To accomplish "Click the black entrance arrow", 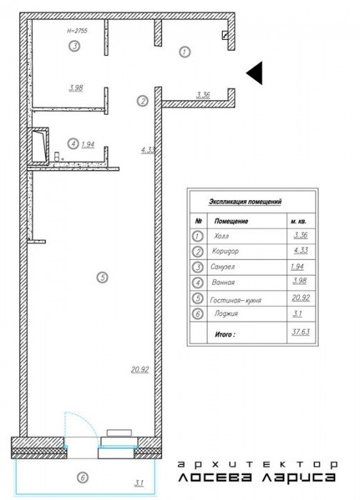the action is pyautogui.click(x=256, y=73).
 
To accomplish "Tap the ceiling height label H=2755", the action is pyautogui.click(x=77, y=31).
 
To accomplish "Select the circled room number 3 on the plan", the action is pyautogui.click(x=74, y=46).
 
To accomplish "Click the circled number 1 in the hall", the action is pyautogui.click(x=184, y=51).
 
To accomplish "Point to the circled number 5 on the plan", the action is pyautogui.click(x=102, y=277).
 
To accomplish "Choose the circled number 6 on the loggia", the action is pyautogui.click(x=83, y=477).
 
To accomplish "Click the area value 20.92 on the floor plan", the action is pyautogui.click(x=140, y=369).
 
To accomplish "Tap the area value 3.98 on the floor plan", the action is pyautogui.click(x=76, y=88).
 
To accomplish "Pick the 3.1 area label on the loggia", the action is pyautogui.click(x=139, y=483).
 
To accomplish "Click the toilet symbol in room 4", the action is pyautogui.click(x=57, y=156).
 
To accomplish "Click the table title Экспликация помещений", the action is pyautogui.click(x=245, y=201).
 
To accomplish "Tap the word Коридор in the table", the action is pyautogui.click(x=225, y=251).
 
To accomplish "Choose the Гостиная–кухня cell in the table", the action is pyautogui.click(x=236, y=300).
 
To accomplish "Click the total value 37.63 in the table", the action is pyautogui.click(x=301, y=331).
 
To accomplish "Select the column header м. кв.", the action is pyautogui.click(x=299, y=221).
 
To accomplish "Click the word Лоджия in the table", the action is pyautogui.click(x=226, y=314).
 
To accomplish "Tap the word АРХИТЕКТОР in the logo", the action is pyautogui.click(x=257, y=464).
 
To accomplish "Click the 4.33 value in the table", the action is pyautogui.click(x=301, y=250).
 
